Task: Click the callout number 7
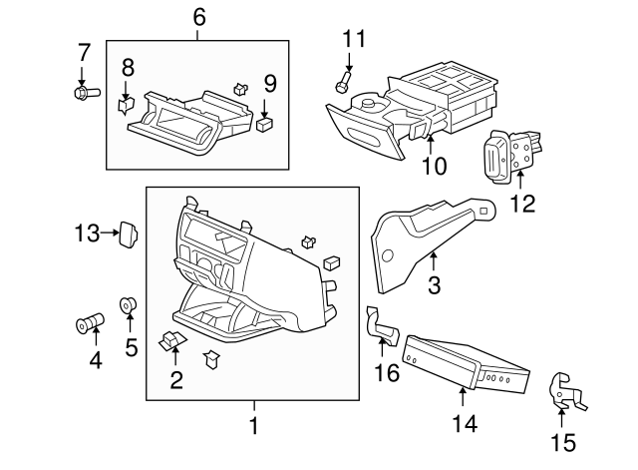click(x=84, y=52)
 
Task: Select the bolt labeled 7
click(x=84, y=93)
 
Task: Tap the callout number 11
click(x=354, y=39)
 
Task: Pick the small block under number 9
click(x=265, y=124)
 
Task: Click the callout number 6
click(x=198, y=17)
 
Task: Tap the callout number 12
click(x=522, y=204)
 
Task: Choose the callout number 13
click(x=87, y=234)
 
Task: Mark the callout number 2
click(x=176, y=378)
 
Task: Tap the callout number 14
click(x=464, y=424)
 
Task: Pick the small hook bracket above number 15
click(x=564, y=391)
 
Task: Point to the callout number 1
click(x=253, y=426)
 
